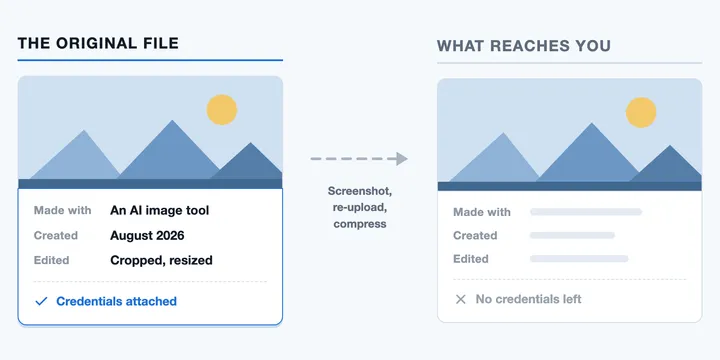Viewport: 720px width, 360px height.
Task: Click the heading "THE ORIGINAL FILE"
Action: tap(98, 43)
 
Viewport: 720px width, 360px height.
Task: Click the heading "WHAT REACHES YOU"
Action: tap(524, 46)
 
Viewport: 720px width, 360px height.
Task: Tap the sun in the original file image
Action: tap(222, 110)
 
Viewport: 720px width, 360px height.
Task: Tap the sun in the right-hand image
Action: tap(641, 112)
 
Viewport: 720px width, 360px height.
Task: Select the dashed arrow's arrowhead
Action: tap(402, 159)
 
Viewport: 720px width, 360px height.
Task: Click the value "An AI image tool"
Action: tap(159, 210)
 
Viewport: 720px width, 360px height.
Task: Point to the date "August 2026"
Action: tap(147, 236)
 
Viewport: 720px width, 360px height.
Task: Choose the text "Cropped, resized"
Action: tap(161, 260)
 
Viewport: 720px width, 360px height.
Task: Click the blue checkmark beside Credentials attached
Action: tap(41, 301)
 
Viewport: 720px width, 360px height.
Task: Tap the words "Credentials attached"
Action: tap(117, 301)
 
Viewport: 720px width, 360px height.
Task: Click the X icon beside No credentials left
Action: tap(461, 299)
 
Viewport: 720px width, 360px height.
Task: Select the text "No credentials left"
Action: tap(529, 299)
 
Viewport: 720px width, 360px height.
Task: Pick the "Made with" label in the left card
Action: tap(62, 210)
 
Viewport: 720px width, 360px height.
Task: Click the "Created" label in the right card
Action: tap(475, 236)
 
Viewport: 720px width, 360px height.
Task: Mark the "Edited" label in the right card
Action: tap(471, 259)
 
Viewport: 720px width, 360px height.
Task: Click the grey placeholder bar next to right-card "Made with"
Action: tap(586, 212)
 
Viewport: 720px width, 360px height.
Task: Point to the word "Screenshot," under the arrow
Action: tap(360, 191)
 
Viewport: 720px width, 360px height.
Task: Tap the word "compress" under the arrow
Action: tap(360, 224)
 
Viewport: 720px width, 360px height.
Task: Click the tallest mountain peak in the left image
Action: tap(172, 120)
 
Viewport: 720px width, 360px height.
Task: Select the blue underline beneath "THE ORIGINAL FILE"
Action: tap(150, 60)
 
